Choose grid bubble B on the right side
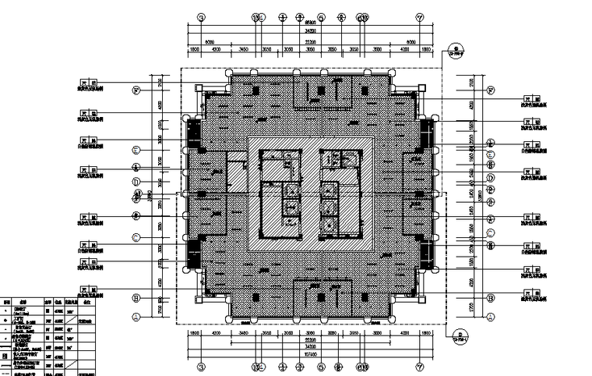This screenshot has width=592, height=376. [x=491, y=298]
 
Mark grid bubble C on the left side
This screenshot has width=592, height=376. [x=136, y=236]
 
